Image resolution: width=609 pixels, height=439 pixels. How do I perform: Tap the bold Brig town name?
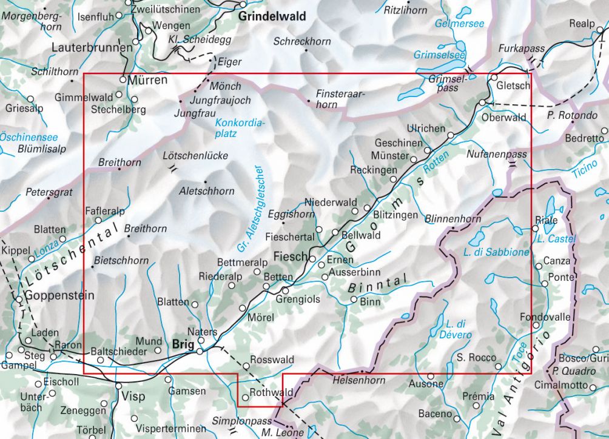coord(183,343)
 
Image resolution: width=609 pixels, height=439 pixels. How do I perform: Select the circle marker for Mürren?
coord(123,79)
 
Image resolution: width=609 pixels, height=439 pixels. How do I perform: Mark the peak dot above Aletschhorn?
coord(206,181)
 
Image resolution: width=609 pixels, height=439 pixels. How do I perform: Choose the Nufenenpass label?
coord(497,155)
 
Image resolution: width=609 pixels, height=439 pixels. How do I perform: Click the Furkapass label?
coord(522,49)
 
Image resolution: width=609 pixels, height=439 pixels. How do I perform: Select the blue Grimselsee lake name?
coord(439,55)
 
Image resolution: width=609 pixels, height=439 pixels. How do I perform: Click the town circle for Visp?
coord(118,386)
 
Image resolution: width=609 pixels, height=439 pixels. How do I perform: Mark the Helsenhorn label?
coord(358,380)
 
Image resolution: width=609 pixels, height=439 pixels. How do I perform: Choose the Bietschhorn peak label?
coord(122,261)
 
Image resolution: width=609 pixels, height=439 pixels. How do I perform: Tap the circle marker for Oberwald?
coord(482,102)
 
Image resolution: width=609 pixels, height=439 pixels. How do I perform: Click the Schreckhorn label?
coord(301,42)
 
